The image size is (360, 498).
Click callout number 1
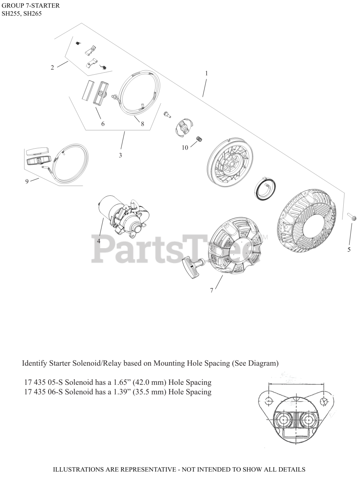pyautogui.click(x=206, y=73)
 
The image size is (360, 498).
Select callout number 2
pyautogui.click(x=52, y=68)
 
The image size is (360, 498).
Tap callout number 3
pyautogui.click(x=121, y=155)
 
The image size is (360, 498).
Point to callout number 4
pyautogui.click(x=99, y=241)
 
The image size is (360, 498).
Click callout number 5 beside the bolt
pyautogui.click(x=349, y=249)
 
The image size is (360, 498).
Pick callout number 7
pyautogui.click(x=212, y=290)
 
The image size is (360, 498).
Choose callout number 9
pyautogui.click(x=27, y=181)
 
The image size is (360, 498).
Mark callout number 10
pyautogui.click(x=185, y=148)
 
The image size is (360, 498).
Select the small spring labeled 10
pyautogui.click(x=199, y=139)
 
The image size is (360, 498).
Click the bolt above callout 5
pyautogui.click(x=352, y=217)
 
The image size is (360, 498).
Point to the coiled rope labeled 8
pyautogui.click(x=139, y=93)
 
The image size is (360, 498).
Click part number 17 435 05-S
pyautogui.click(x=44, y=382)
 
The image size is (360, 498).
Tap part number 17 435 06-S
pyautogui.click(x=44, y=392)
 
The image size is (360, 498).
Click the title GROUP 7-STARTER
pyautogui.click(x=31, y=6)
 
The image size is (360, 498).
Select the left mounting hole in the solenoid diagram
pyautogui.click(x=268, y=401)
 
